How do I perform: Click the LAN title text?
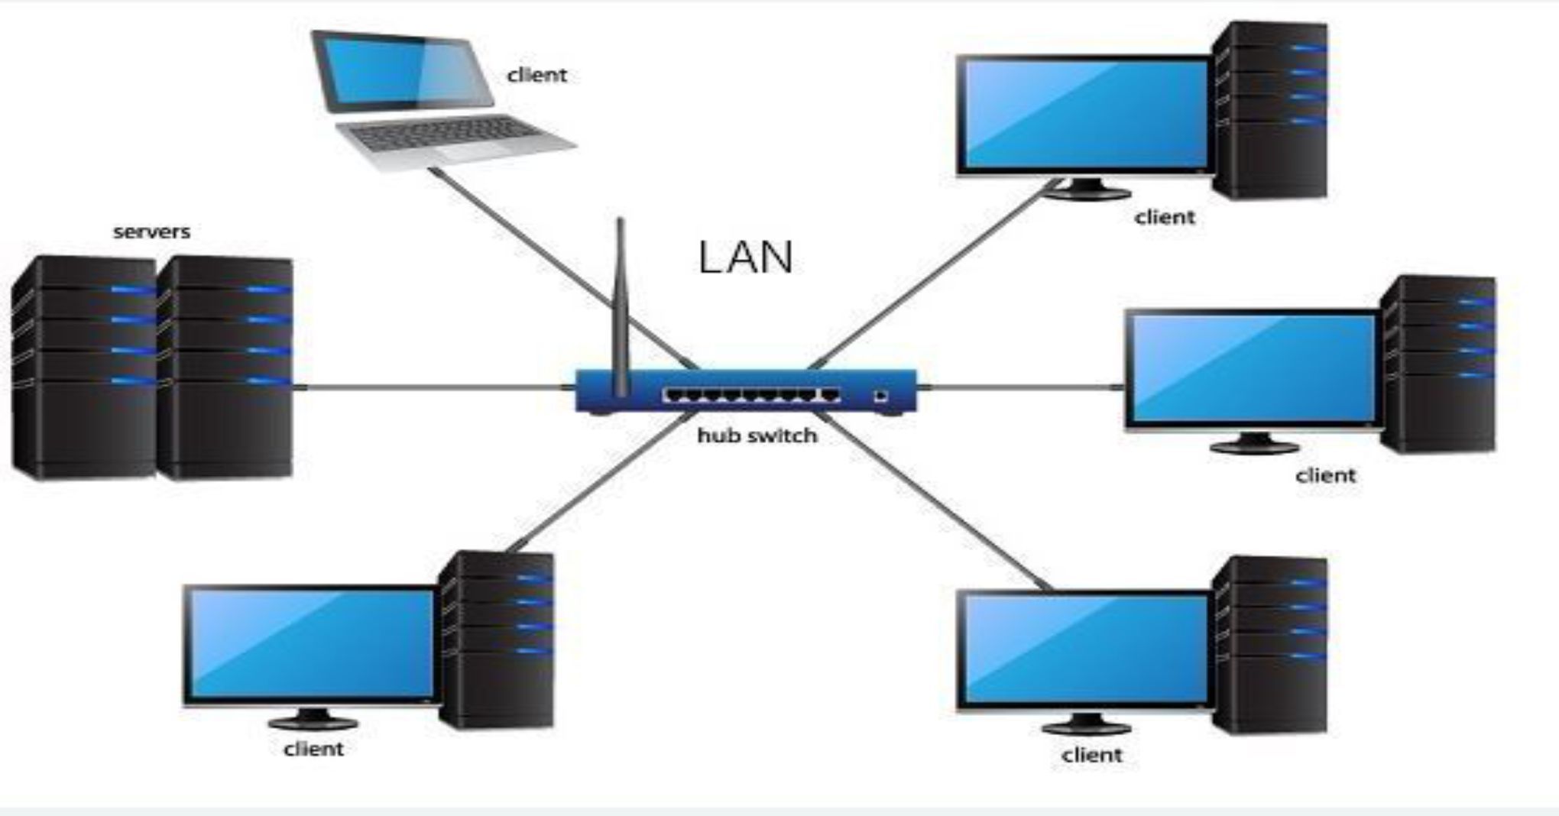(x=745, y=257)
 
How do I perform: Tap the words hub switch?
(x=757, y=436)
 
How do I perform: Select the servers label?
(x=151, y=232)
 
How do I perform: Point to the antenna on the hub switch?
(x=621, y=306)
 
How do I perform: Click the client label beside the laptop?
(x=536, y=75)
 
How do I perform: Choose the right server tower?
(x=225, y=367)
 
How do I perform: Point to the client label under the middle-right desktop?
(x=1325, y=475)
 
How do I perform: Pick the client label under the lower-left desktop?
(x=313, y=749)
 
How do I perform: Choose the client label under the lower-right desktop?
(x=1091, y=755)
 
